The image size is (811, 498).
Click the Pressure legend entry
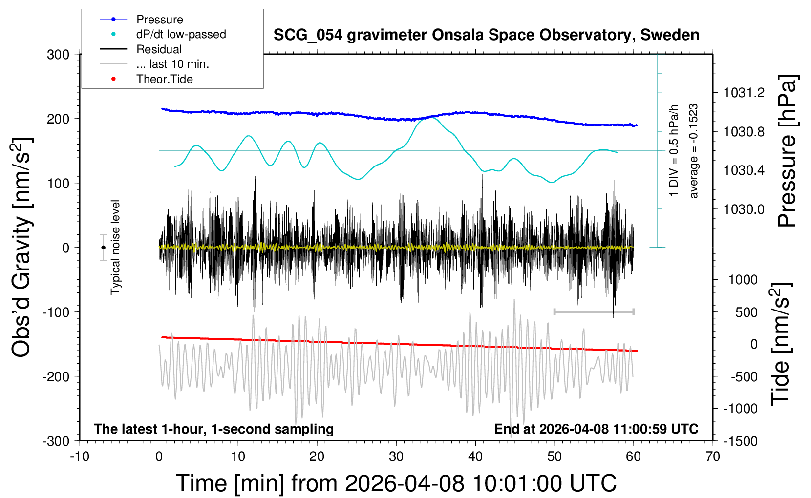pyautogui.click(x=159, y=20)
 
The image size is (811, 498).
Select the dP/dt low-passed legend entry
pyautogui.click(x=181, y=34)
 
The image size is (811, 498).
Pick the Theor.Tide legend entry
pyautogui.click(x=164, y=79)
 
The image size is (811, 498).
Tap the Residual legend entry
pyautogui.click(x=159, y=49)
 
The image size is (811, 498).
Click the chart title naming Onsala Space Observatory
pyautogui.click(x=486, y=35)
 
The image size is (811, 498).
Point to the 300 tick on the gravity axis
pyautogui.click(x=58, y=54)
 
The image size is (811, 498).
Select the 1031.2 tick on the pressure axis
pyautogui.click(x=744, y=93)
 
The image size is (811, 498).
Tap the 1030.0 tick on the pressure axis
pyautogui.click(x=744, y=209)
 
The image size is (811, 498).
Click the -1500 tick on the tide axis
pyautogui.click(x=740, y=441)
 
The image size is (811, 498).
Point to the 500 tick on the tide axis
pyautogui.click(x=746, y=312)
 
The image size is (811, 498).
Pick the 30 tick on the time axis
pyautogui.click(x=396, y=456)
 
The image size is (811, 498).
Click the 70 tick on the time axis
pyautogui.click(x=713, y=456)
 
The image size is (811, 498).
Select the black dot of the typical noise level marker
pyautogui.click(x=103, y=248)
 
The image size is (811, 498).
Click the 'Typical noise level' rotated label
pyautogui.click(x=115, y=247)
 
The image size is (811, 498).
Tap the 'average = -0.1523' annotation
pyautogui.click(x=693, y=151)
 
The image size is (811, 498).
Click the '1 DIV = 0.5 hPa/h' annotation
pyautogui.click(x=674, y=150)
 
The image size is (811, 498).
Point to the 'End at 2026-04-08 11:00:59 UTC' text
pyautogui.click(x=596, y=429)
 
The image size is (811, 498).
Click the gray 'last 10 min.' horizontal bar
pyautogui.click(x=594, y=311)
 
